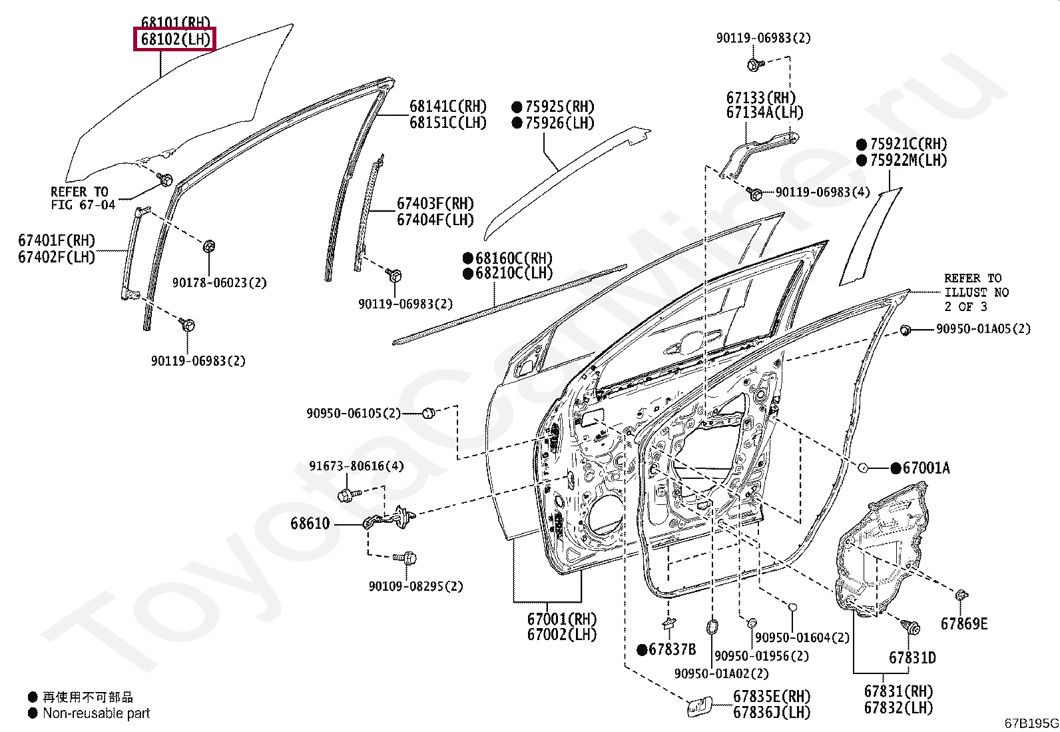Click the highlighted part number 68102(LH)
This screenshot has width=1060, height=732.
pos(175,39)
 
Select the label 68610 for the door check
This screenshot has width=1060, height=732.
pos(310,524)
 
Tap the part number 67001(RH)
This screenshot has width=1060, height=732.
pos(561,619)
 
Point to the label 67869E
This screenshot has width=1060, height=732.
pos(963,624)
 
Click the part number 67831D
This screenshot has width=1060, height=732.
pos(912,658)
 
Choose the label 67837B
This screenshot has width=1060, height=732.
pos(672,649)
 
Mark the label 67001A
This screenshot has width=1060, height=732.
pos(926,468)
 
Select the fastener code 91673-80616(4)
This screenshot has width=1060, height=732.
pos(356,466)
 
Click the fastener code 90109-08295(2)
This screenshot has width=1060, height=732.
pos(415,587)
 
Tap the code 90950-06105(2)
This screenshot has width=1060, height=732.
pos(354,414)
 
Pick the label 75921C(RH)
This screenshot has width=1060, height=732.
pos(908,145)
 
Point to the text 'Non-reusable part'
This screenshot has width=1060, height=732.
pos(97,713)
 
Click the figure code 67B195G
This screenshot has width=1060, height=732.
pos(1031,723)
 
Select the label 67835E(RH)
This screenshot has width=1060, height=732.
pos(772,697)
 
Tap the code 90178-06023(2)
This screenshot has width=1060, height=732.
pos(219,283)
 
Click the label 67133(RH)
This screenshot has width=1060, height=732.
pos(760,98)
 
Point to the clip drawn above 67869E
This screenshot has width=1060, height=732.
pos(961,595)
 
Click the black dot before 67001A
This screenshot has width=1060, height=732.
pos(896,468)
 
